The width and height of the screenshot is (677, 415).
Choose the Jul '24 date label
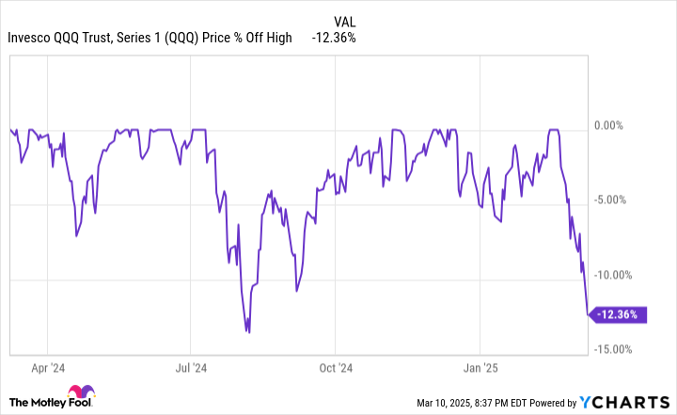click(x=190, y=370)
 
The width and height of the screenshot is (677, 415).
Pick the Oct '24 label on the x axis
click(x=336, y=370)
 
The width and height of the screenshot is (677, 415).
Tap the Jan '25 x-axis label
click(x=480, y=370)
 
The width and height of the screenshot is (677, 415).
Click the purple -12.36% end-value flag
click(x=621, y=315)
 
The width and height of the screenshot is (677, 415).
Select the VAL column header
click(x=345, y=21)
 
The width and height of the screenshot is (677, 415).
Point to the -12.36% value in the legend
click(x=334, y=39)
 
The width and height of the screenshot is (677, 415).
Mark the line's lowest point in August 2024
click(x=249, y=331)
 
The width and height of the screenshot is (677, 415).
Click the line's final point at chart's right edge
click(x=588, y=315)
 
